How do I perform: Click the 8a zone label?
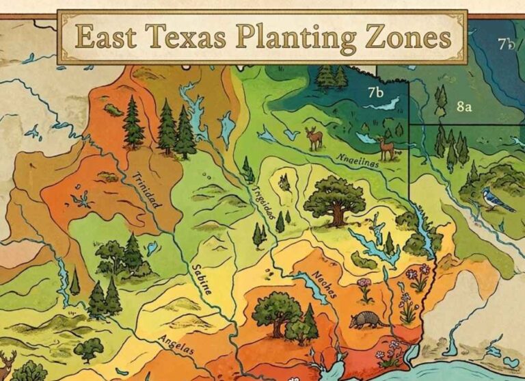[x=465, y=107]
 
